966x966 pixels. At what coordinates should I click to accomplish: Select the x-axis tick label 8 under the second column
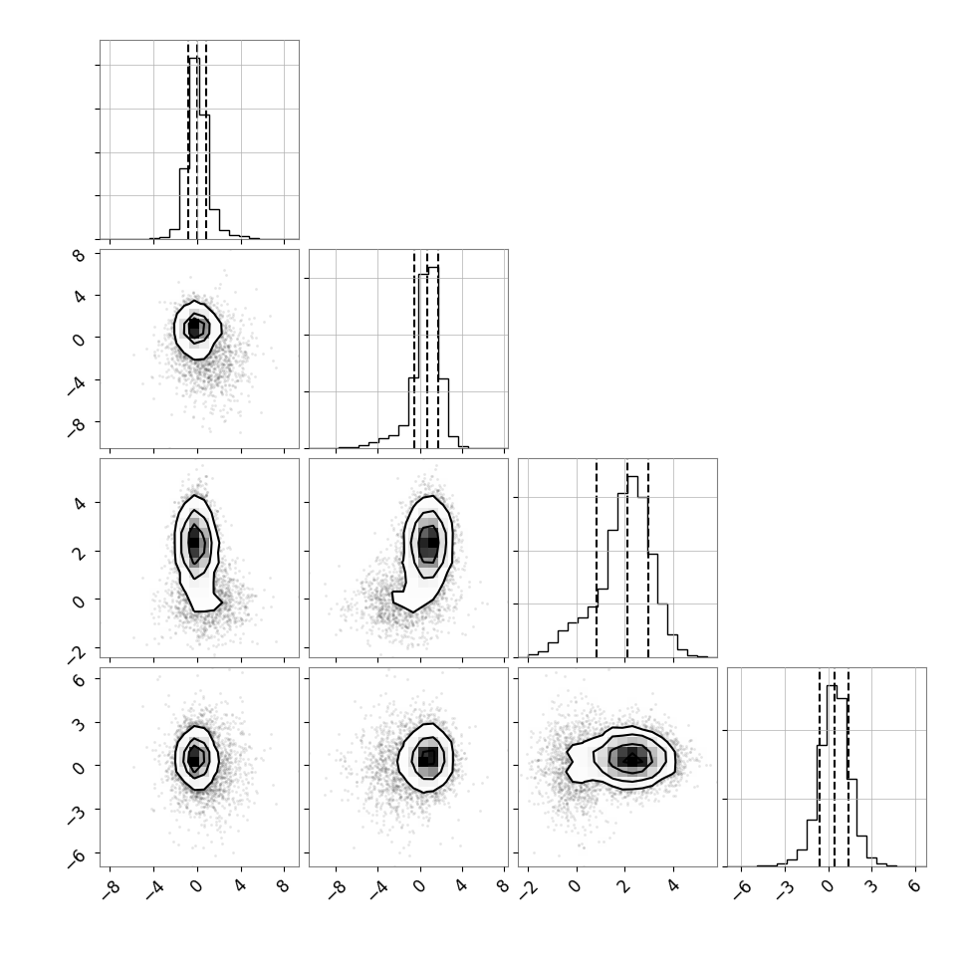point(503,886)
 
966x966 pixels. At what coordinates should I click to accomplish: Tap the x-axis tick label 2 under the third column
point(624,886)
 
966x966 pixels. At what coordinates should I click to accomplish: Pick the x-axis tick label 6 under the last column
point(915,886)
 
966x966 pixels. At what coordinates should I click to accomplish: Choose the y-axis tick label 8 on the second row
point(79,254)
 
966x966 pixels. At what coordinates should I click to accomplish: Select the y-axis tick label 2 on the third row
point(79,551)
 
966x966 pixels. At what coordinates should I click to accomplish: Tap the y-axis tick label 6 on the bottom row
point(79,678)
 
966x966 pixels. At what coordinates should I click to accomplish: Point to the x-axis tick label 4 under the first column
point(240,886)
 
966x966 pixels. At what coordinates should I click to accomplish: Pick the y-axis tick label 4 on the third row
point(79,503)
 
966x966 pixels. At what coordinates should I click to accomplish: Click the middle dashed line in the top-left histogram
point(197,140)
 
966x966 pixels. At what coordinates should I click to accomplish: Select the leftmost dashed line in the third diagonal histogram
point(597,559)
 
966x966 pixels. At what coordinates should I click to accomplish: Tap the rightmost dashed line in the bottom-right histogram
point(848,768)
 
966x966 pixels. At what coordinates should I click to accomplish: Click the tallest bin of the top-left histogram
point(194,147)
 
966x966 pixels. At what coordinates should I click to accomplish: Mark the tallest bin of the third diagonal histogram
point(632,567)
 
